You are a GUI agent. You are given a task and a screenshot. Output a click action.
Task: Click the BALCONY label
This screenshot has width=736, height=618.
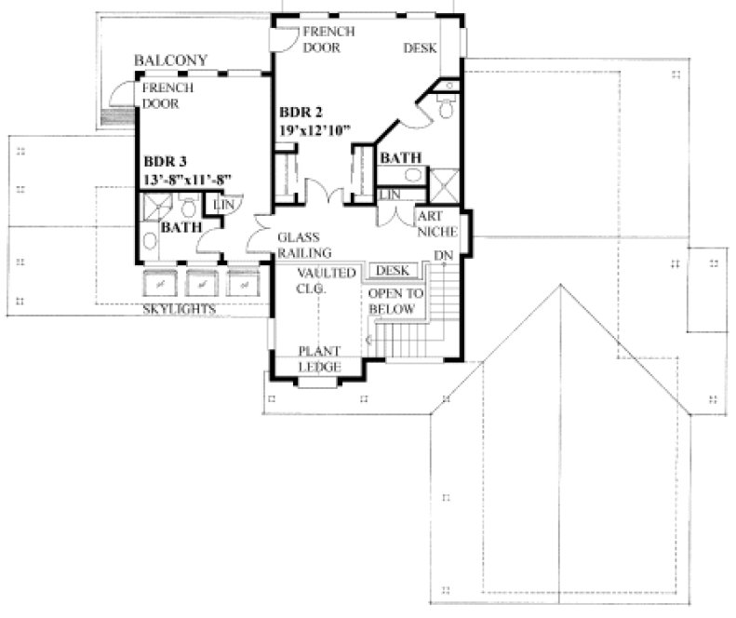(x=170, y=60)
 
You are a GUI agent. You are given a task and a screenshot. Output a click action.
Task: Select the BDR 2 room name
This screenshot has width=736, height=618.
(x=301, y=114)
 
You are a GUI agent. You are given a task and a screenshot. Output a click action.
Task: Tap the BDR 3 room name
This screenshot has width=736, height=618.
(x=162, y=161)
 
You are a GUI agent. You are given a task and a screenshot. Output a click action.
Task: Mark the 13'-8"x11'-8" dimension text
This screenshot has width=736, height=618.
(x=186, y=179)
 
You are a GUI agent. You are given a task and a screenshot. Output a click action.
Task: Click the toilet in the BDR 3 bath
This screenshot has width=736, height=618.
(x=187, y=207)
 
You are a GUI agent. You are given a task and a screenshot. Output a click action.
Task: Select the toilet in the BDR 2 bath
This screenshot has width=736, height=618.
(x=445, y=109)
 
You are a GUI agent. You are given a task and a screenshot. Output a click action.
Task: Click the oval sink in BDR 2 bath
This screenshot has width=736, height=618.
(x=410, y=176)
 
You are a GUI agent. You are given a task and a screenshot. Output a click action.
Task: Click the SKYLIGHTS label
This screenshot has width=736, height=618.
(x=181, y=308)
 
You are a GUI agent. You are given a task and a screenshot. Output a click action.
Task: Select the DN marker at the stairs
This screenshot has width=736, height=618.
(x=444, y=256)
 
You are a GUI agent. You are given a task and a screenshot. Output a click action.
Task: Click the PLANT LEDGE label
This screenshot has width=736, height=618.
(x=319, y=359)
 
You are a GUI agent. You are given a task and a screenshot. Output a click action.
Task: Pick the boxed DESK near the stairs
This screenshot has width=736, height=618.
(x=393, y=271)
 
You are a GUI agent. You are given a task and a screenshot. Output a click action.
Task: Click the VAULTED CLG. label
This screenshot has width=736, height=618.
(x=326, y=279)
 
